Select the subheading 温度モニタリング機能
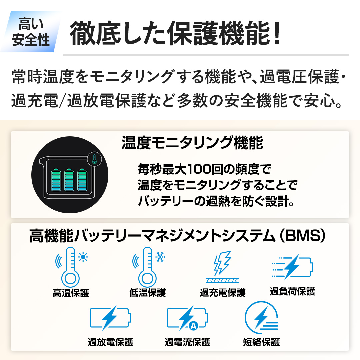point(192,143)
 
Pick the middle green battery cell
point(69,180)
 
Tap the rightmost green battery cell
point(82,180)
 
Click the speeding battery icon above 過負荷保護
point(292,267)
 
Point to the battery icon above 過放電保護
point(110,318)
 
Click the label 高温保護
point(71,293)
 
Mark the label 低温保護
point(147,293)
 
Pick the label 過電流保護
point(187,342)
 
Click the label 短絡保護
point(261,342)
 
